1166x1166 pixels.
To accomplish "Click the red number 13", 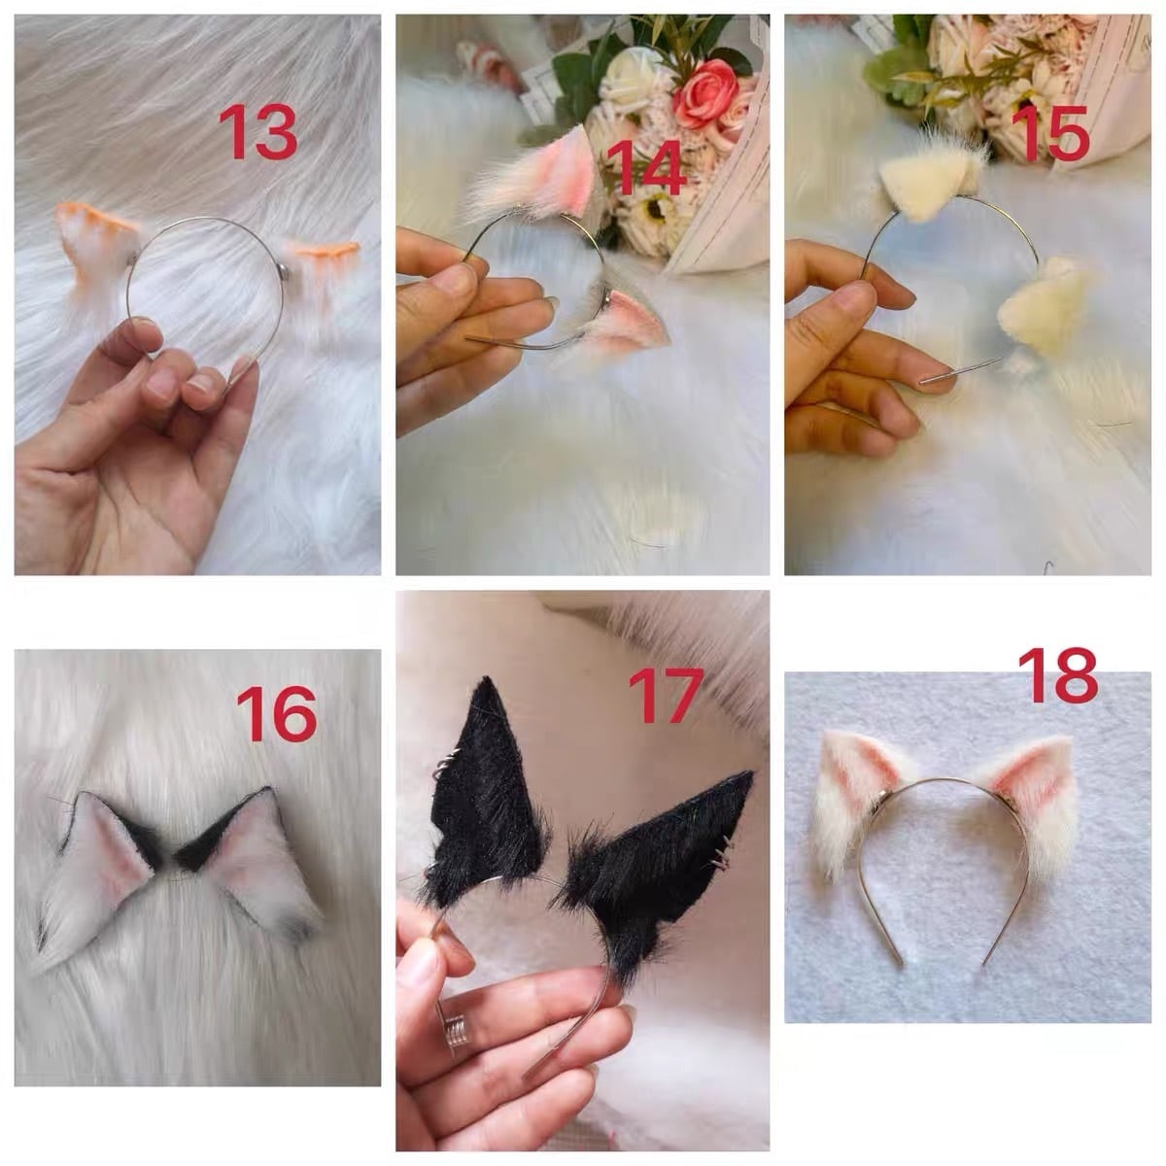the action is coord(257,132).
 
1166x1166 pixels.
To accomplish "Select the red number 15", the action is coord(1050,133).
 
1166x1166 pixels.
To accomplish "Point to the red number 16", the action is coord(277,714).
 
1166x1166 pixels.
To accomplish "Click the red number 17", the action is coord(666,696).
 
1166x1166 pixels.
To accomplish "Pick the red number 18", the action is coord(1057,675).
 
